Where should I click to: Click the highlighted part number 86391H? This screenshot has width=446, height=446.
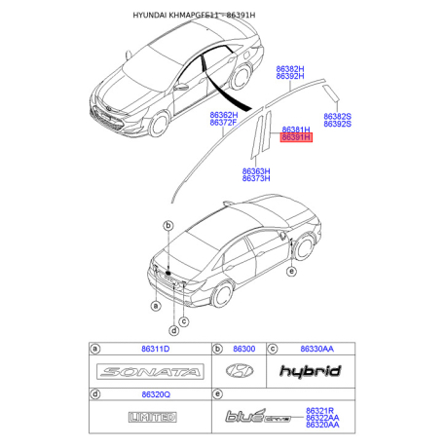(x=295, y=138)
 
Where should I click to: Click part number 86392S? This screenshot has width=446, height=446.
(x=337, y=125)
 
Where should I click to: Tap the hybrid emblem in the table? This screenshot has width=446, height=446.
(x=310, y=370)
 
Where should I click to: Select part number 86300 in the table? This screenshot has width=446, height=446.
(x=243, y=348)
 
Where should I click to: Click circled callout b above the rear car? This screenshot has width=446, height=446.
(x=168, y=226)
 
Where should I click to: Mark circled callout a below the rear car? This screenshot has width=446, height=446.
(x=155, y=306)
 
